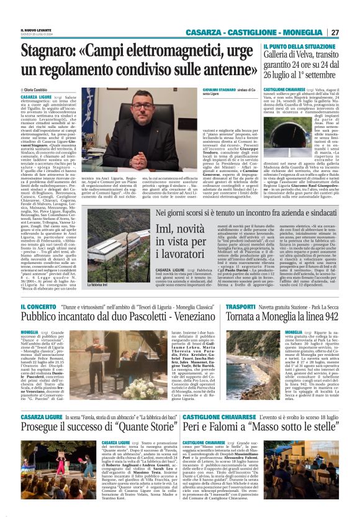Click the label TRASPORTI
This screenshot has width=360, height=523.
click(x=241, y=307)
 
